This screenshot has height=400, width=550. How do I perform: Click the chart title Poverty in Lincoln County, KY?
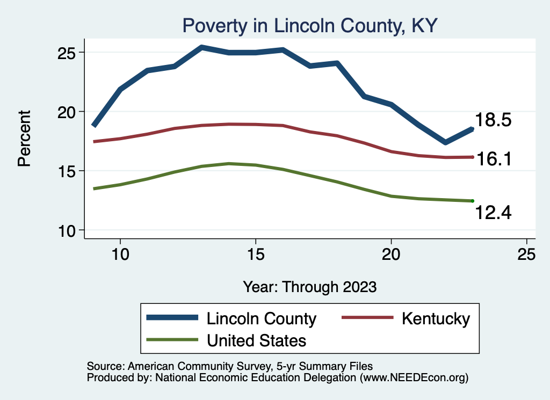[x=310, y=26]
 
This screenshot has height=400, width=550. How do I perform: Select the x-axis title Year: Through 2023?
[x=310, y=286]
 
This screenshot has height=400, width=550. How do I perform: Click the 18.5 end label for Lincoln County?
[x=493, y=120]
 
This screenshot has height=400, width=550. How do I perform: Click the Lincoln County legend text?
[x=262, y=318]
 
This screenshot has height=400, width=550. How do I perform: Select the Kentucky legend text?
[x=435, y=318]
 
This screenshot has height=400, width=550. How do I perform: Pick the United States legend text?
[x=256, y=340]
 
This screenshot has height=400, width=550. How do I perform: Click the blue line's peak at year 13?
[x=201, y=48]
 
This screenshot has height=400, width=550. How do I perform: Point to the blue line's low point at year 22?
[x=445, y=142]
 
